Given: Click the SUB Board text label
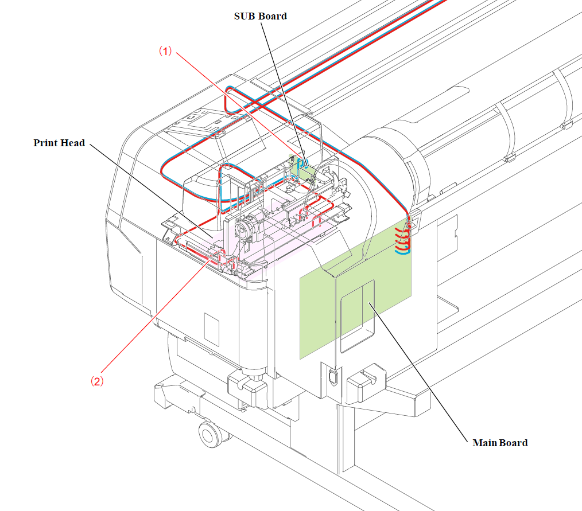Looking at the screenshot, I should click(x=260, y=16).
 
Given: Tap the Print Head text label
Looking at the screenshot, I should click(x=59, y=143).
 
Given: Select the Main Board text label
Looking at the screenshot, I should click(x=500, y=443).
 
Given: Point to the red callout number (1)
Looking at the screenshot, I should click(x=165, y=51).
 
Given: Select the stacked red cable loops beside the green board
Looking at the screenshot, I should click(x=403, y=241).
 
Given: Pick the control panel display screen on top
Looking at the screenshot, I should click(x=205, y=122).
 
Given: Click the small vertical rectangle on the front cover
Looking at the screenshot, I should click(x=212, y=329).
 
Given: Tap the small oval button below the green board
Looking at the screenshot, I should click(x=330, y=377).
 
